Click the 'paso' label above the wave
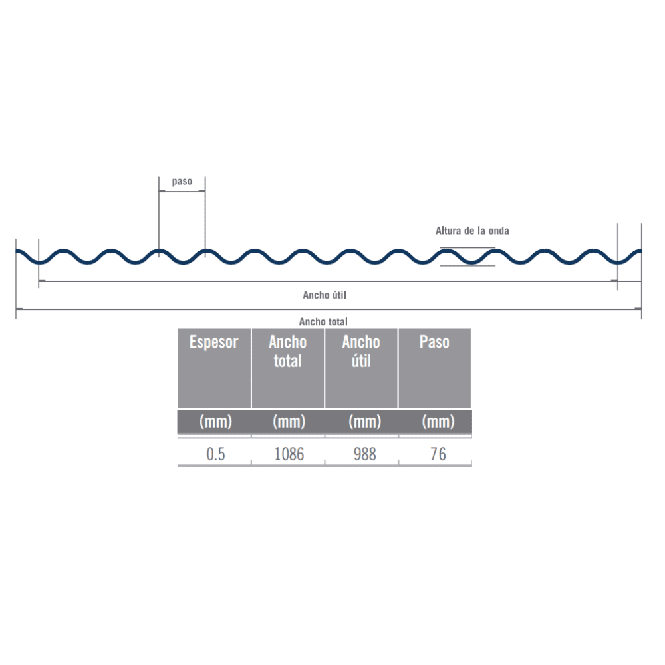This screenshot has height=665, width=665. [x=182, y=182]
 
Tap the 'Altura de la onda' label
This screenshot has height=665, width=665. [x=472, y=231]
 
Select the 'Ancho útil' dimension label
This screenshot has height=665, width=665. [x=325, y=295]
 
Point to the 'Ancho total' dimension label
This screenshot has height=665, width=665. [x=323, y=321]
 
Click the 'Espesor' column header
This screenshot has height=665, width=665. [x=213, y=342]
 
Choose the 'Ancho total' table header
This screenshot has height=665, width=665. [x=287, y=351]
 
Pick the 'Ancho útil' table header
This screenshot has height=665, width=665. [x=361, y=351]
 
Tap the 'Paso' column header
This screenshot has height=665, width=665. [x=434, y=342]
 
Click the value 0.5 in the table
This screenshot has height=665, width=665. [x=215, y=454]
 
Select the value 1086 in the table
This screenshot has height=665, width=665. [x=289, y=454]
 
